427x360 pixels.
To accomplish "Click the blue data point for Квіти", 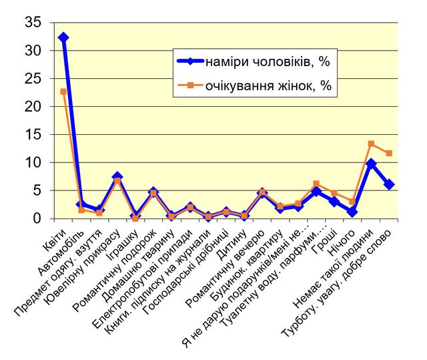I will tap(63, 37).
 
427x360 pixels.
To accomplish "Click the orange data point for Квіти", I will tap(63, 92).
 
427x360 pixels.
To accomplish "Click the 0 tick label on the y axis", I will tap(39, 218).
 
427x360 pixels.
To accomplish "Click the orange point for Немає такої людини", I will tap(371, 144).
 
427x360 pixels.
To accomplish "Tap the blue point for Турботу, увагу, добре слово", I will tap(389, 184).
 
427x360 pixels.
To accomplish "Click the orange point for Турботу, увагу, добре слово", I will tap(389, 153).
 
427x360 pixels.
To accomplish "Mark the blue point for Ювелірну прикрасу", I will tap(117, 176).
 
